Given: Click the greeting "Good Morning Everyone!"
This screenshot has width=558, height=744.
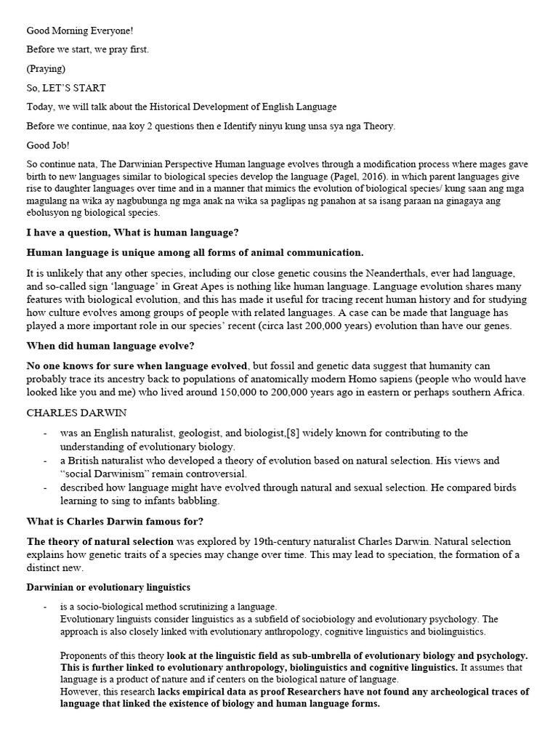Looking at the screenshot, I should tap(80, 31).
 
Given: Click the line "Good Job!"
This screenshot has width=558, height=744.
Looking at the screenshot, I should tap(49, 145).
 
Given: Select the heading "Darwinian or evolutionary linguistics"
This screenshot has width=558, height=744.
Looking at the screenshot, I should tap(108, 587).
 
